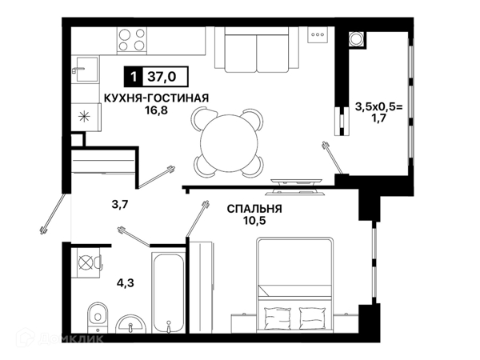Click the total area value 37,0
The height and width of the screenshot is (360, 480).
point(162,76)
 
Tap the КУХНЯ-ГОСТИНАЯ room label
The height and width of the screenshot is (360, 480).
point(157,98)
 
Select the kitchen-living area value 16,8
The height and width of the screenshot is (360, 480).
point(157,110)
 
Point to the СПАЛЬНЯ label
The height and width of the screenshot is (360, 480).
point(254,209)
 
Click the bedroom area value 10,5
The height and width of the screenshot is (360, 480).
point(254,221)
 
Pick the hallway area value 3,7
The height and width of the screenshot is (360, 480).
point(119,204)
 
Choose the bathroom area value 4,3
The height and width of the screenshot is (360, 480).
point(126,283)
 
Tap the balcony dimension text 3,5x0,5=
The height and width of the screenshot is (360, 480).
point(379,107)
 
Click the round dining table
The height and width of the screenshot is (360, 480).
point(230,142)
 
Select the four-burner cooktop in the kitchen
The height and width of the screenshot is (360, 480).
point(132,39)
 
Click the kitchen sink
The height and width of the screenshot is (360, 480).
point(85,70)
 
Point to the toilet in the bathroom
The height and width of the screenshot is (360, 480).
point(98,317)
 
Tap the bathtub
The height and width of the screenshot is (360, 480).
point(169,293)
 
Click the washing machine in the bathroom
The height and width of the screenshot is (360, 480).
point(86,262)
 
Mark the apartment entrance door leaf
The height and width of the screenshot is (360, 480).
point(53,213)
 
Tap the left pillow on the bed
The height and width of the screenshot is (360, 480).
point(277,318)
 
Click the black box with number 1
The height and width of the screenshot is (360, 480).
point(133,76)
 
